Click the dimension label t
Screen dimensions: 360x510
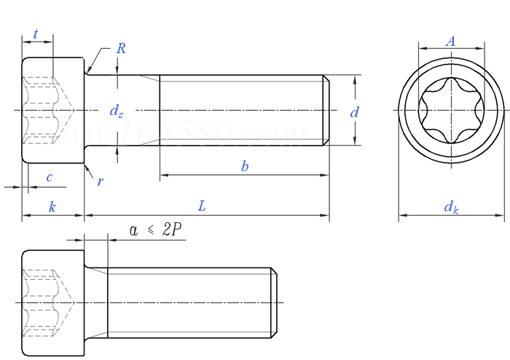pos(36,34)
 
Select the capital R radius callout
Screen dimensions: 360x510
pos(121,49)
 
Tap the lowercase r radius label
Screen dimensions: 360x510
pos(100,181)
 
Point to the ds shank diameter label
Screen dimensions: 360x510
pos(117,111)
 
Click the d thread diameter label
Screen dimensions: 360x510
pos(354,112)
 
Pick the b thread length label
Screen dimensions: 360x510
pos(245,166)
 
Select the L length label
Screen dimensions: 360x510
pos(202,206)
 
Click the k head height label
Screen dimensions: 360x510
pos(52,207)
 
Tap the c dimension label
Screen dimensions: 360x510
pos(50,177)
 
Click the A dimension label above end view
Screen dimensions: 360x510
pos(451,42)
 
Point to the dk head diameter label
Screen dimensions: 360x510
pos(452,207)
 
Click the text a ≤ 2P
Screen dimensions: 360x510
pos(156,230)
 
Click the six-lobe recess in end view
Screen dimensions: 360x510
pos(451,111)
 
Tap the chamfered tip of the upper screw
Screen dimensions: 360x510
pos(326,110)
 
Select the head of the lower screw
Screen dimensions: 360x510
pos(53,302)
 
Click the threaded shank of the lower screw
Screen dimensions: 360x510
pos(189,302)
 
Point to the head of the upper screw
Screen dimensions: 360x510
pos(53,110)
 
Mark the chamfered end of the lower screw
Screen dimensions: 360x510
pos(275,302)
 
